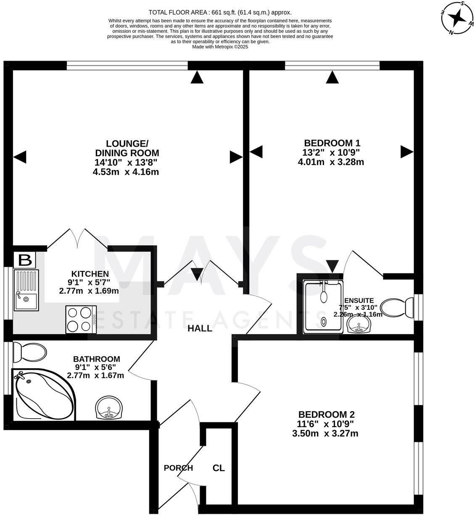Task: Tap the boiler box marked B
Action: [25, 260]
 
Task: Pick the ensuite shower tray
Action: [323, 307]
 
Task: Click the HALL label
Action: [200, 329]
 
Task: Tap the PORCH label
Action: [178, 468]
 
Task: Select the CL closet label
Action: [219, 468]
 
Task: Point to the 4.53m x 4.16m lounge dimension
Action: [126, 172]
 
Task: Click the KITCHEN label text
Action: [90, 274]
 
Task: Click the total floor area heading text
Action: [220, 13]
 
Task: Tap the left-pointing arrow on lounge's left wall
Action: [20, 157]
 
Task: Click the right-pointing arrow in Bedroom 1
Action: [406, 151]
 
